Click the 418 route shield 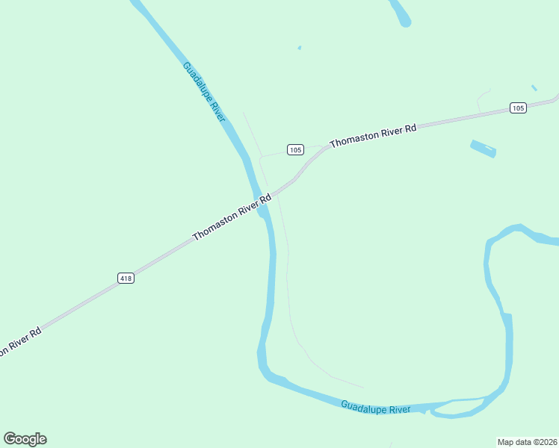tap(126, 278)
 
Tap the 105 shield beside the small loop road tap(295, 149)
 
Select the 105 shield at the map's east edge tap(519, 108)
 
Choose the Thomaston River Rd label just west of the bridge tap(232, 217)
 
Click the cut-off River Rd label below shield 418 tap(19, 341)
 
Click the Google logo tap(25, 439)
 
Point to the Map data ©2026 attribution tap(527, 441)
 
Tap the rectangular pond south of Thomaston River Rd tap(483, 149)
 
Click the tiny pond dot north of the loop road tap(300, 48)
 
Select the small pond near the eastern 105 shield tap(534, 88)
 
